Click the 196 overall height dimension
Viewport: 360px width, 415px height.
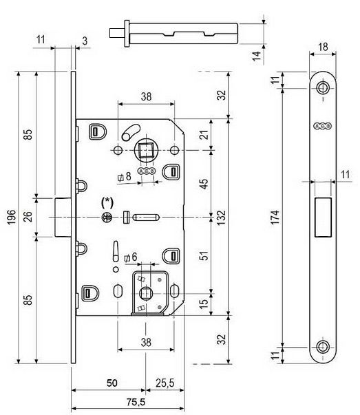click(x=11, y=217)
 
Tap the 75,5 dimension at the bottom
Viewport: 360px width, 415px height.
click(x=136, y=403)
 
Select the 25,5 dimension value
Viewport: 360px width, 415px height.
click(x=165, y=383)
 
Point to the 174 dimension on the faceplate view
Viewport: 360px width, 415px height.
click(x=275, y=217)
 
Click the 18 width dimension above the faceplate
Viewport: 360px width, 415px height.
click(x=323, y=47)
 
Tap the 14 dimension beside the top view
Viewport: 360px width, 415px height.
click(x=256, y=56)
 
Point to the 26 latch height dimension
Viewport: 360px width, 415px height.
click(x=28, y=216)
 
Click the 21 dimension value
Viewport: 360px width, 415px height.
click(x=204, y=135)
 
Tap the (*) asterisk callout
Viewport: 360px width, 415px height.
click(x=107, y=203)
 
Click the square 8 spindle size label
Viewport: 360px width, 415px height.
click(x=124, y=177)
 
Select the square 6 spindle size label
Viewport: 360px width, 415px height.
click(x=131, y=257)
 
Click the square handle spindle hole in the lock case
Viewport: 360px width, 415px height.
click(x=145, y=150)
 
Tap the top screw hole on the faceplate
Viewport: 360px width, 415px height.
click(x=323, y=87)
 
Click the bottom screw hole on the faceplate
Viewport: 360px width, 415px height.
click(x=323, y=347)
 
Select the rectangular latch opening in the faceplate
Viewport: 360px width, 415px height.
click(x=323, y=217)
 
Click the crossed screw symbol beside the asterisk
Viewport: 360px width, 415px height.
click(x=107, y=217)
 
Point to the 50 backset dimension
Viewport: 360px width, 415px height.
click(x=112, y=383)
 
